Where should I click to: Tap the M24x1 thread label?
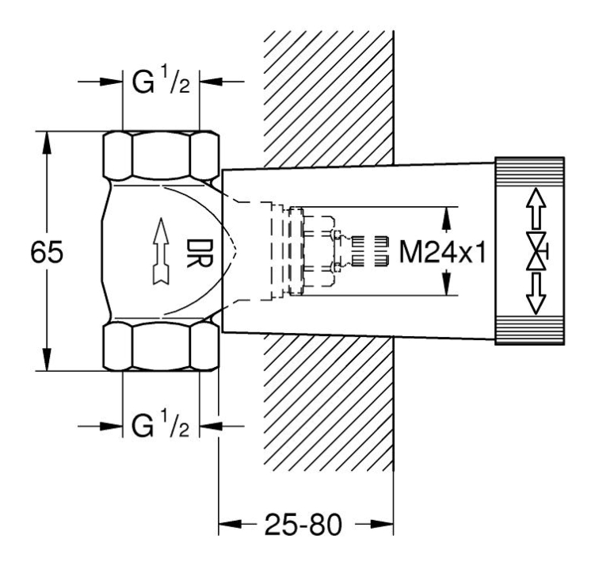coord(441,253)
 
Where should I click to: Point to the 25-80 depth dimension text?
coord(305,524)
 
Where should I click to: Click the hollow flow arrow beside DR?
coord(161,252)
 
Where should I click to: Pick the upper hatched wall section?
coord(325,95)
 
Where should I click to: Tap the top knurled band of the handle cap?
coord(530,170)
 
